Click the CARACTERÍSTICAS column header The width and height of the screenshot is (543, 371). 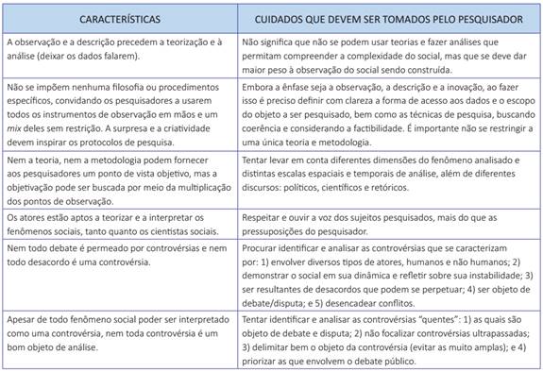point(120,19)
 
